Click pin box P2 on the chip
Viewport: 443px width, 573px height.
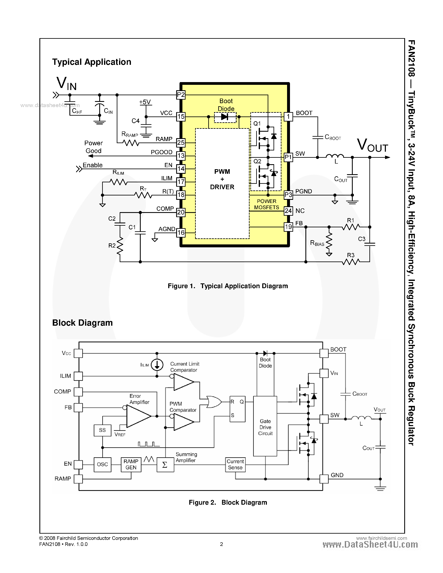(x=181, y=95)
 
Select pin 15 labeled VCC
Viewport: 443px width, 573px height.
(x=181, y=116)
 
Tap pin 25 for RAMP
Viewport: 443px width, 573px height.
(x=181, y=143)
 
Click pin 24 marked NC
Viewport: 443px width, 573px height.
(x=288, y=211)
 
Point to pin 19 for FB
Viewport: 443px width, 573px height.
(x=288, y=227)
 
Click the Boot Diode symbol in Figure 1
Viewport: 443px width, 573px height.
(x=225, y=117)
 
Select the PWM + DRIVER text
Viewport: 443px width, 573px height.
(x=222, y=179)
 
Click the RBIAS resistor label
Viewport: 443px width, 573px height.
(x=317, y=243)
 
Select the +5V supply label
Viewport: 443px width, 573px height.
(x=145, y=102)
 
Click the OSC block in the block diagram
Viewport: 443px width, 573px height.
(x=102, y=464)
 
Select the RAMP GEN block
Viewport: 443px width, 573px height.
(x=131, y=464)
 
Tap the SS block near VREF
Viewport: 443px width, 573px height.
(x=102, y=430)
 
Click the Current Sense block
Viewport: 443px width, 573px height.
(x=235, y=464)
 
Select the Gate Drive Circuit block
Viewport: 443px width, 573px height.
(x=265, y=426)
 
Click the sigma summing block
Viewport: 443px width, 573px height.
(x=165, y=465)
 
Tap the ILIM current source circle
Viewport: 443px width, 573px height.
(x=157, y=365)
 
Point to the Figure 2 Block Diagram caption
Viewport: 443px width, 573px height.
(x=228, y=502)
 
